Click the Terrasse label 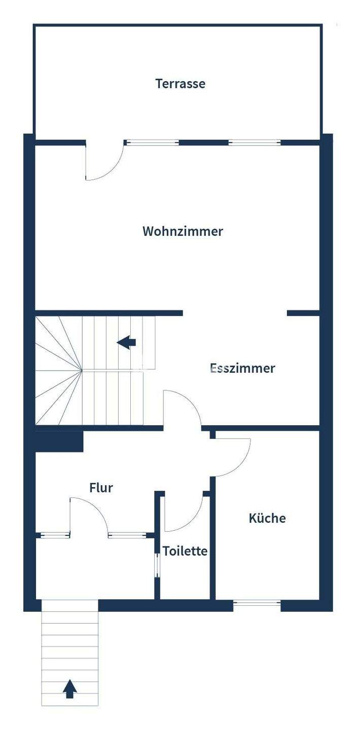[180, 84]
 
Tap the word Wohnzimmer [183, 232]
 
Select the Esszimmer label [242, 368]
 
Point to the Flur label [101, 488]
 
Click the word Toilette [185, 551]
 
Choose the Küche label [267, 518]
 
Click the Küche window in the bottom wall [257, 603]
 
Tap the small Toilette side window [157, 565]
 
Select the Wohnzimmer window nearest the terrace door [152, 143]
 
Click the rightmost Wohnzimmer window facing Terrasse [254, 143]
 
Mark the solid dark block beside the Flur [58, 441]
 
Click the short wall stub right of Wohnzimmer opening [303, 313]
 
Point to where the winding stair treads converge [82, 370]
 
